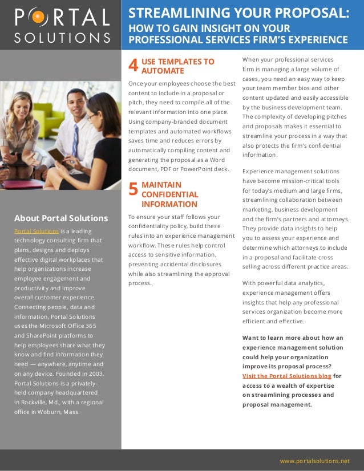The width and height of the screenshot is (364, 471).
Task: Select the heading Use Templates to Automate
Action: tap(177, 66)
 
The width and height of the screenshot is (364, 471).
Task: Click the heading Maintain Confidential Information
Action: tap(169, 194)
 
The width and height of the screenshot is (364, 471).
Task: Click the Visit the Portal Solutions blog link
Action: tap(286, 376)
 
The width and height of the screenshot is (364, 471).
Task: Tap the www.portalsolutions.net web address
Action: tap(314, 460)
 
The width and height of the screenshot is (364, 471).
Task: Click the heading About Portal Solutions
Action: tap(61, 218)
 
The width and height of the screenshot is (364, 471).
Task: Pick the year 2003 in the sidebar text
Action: tap(94, 373)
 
